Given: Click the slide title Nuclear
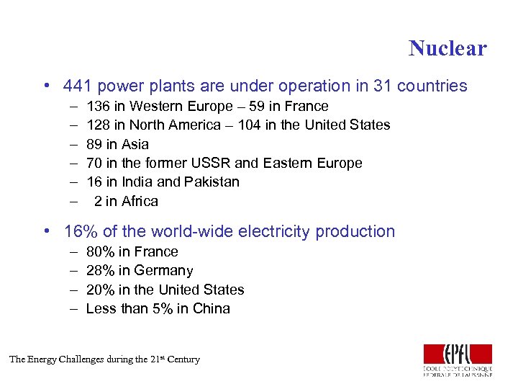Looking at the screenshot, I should (447, 48).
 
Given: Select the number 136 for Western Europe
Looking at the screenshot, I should (98, 107).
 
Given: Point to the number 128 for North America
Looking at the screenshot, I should (98, 125).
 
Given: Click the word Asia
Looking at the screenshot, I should (135, 144).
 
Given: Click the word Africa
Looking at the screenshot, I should (140, 201).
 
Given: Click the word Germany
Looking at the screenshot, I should (163, 271).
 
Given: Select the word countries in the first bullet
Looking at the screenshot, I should (432, 86).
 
